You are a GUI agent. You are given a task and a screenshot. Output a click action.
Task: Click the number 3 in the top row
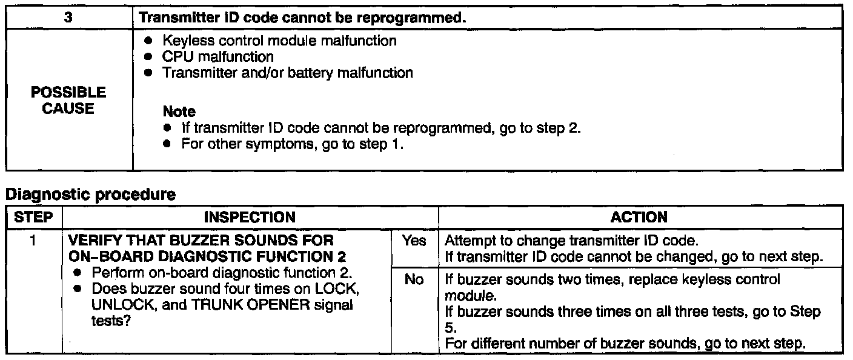click(x=68, y=18)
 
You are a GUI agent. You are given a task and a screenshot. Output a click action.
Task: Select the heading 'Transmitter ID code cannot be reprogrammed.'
click(x=302, y=18)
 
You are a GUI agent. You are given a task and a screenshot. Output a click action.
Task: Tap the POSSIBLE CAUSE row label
click(x=68, y=101)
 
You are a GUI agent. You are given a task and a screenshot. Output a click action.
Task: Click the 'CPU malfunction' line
click(x=217, y=57)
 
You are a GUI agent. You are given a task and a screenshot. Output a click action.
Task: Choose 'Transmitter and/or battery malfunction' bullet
click(x=287, y=73)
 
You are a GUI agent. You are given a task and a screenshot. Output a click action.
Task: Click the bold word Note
click(x=179, y=112)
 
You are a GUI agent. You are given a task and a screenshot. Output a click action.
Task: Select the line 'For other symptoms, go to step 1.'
click(x=292, y=145)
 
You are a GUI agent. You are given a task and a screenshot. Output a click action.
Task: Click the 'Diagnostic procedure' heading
click(x=90, y=195)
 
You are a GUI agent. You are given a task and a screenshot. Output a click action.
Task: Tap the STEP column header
click(x=33, y=217)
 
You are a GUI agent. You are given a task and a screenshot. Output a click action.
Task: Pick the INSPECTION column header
click(x=250, y=217)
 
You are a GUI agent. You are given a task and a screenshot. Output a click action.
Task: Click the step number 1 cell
click(x=33, y=241)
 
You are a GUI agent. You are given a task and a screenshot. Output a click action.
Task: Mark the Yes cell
click(x=414, y=241)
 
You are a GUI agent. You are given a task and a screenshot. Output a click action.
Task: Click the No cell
click(x=414, y=281)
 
